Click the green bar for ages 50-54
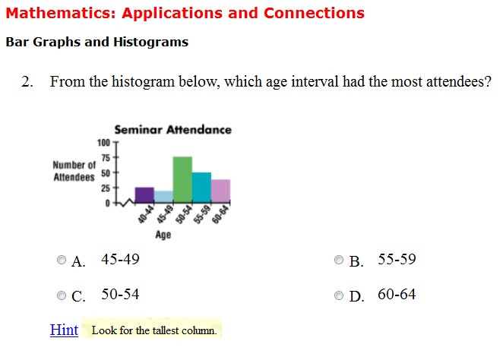(182, 179)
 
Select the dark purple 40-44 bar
(144, 195)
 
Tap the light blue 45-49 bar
(163, 197)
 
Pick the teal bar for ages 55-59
(201, 188)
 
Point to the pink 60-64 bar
(220, 191)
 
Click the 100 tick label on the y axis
(103, 143)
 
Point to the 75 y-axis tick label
(106, 158)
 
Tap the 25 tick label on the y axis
(106, 188)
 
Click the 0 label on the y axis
(107, 204)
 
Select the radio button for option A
(62, 260)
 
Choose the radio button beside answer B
(338, 260)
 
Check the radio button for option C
(62, 295)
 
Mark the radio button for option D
(338, 295)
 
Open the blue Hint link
(64, 330)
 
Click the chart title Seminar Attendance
(173, 130)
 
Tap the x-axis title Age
(163, 235)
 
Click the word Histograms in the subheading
(150, 43)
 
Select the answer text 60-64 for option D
(397, 294)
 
